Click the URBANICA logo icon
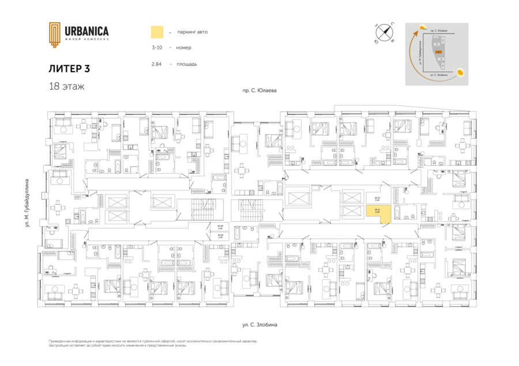pyautogui.click(x=54, y=34)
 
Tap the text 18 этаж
pyautogui.click(x=67, y=87)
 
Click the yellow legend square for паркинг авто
pyautogui.click(x=156, y=32)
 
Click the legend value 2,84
pyautogui.click(x=156, y=64)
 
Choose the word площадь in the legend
pyautogui.click(x=187, y=64)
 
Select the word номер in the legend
pyautogui.click(x=186, y=48)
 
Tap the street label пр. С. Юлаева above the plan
pyautogui.click(x=259, y=91)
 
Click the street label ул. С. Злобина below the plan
pyautogui.click(x=259, y=325)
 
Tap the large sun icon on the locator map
pyautogui.click(x=461, y=73)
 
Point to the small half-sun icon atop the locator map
pyautogui.click(x=424, y=27)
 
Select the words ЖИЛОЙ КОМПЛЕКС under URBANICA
pyautogui.click(x=86, y=39)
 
